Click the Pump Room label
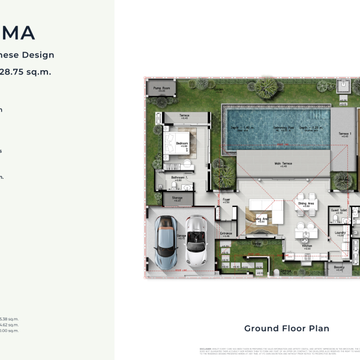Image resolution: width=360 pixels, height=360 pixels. point(157,88)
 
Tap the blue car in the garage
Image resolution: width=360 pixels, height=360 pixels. point(164,241)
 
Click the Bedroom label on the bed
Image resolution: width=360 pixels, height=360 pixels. point(182,143)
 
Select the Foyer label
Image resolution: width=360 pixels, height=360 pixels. point(226,199)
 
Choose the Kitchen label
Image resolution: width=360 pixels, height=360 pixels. point(307,246)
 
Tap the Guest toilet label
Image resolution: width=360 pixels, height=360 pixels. point(339,210)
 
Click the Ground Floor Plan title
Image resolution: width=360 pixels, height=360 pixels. point(286,328)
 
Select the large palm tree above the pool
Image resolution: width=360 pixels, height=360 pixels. point(266,89)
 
